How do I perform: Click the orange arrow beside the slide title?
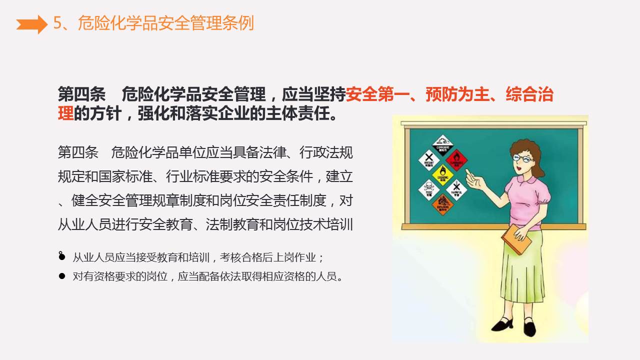[31, 23]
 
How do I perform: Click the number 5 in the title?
[57, 23]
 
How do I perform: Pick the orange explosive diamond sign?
[442, 203]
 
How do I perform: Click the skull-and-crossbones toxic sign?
[428, 189]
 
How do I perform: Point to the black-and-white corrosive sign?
[442, 145]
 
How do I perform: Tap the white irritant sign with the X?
[428, 160]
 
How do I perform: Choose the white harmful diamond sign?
[456, 189]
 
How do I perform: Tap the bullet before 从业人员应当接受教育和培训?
[61, 256]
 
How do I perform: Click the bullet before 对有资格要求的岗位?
[61, 276]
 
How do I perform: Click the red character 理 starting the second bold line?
[65, 113]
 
